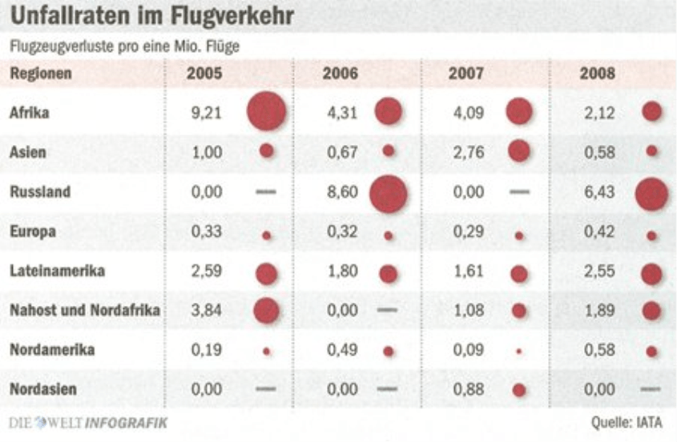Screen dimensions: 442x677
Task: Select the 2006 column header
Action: tap(340, 74)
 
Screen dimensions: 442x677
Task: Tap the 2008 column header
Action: tap(597, 74)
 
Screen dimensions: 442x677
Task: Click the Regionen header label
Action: tap(41, 74)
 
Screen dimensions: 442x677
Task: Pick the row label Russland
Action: tap(40, 192)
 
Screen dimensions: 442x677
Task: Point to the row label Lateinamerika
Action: tap(57, 271)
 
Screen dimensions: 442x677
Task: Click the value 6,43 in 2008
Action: tap(599, 192)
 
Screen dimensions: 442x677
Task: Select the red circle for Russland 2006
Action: tap(389, 193)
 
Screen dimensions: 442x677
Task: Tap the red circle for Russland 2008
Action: tap(651, 193)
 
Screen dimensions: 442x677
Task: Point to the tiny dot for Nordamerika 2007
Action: tap(519, 351)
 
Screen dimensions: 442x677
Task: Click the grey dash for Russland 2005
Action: tap(267, 193)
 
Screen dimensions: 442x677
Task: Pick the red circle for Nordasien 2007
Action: tap(519, 391)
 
